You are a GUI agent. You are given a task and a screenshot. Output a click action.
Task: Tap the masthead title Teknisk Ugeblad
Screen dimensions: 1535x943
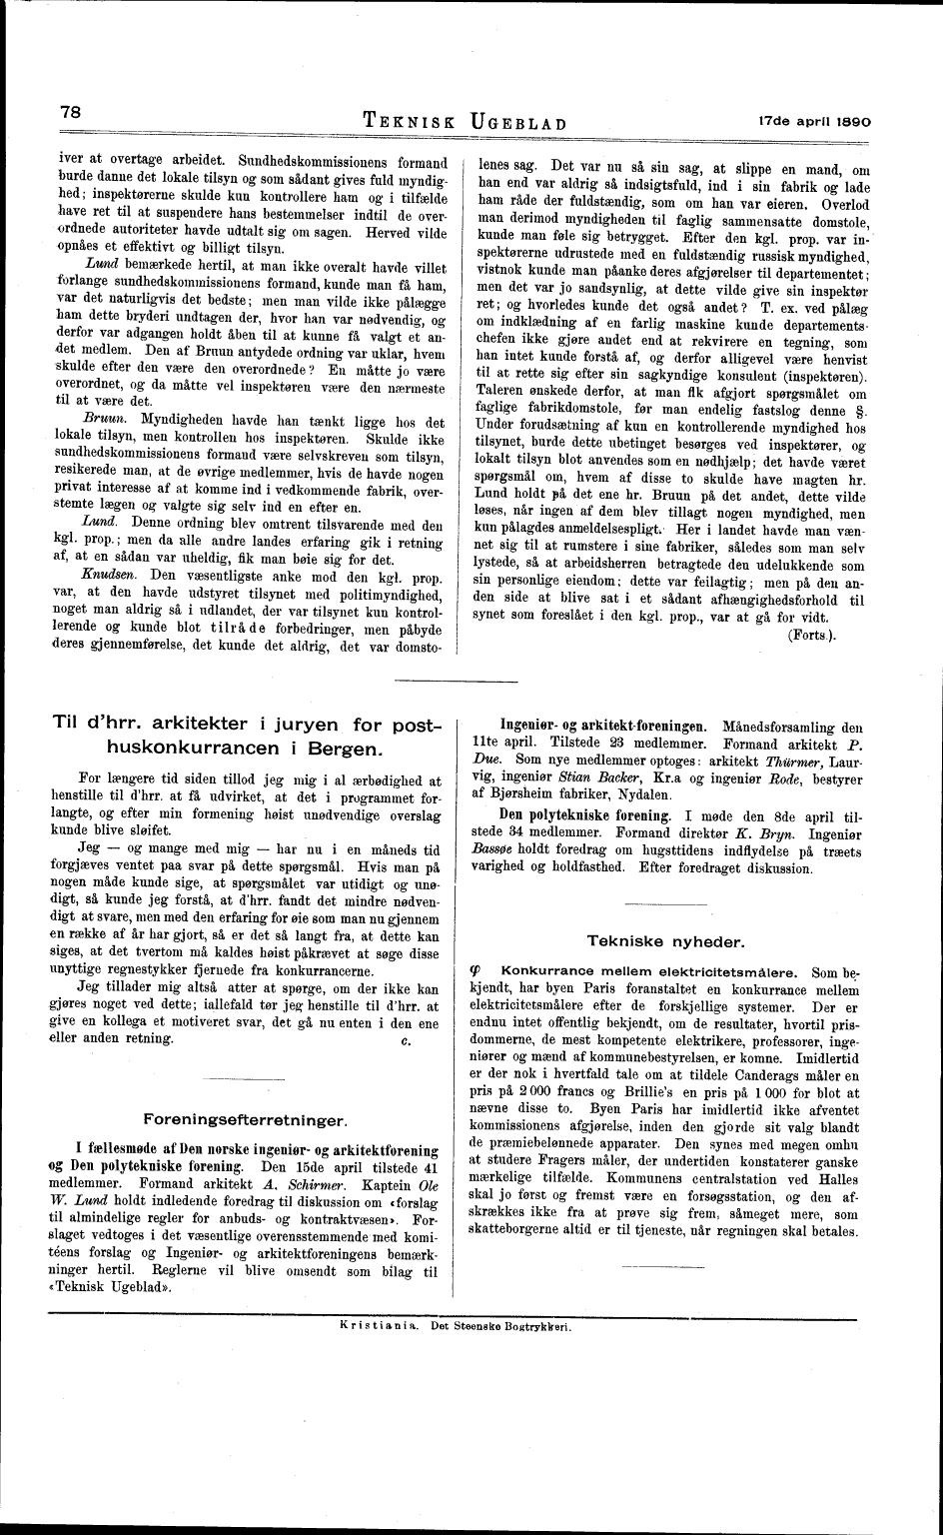tap(467, 123)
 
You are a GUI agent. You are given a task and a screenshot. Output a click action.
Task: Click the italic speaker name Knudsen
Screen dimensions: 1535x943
tap(105, 578)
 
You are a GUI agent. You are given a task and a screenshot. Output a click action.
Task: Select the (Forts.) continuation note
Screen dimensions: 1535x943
tap(812, 635)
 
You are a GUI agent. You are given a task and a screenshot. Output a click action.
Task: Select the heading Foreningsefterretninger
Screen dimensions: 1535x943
tap(246, 1117)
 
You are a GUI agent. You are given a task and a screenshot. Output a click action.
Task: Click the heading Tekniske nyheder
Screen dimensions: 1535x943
tap(664, 940)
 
